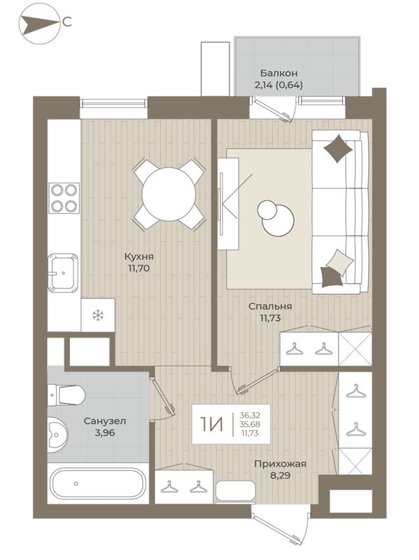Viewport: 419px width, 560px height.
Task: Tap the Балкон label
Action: [x=279, y=73]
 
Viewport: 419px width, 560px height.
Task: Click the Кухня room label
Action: [x=139, y=257]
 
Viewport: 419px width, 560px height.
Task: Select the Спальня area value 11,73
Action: [x=270, y=317]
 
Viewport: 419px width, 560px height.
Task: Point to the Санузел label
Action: [x=105, y=421]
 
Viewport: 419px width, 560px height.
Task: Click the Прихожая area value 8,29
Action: [x=280, y=475]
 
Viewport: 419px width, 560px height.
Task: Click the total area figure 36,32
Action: [x=250, y=416]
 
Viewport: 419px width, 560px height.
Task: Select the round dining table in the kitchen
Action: [x=169, y=195]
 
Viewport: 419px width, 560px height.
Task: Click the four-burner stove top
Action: [x=64, y=198]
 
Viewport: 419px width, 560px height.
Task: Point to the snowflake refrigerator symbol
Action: [x=98, y=315]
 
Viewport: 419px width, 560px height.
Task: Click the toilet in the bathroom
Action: [x=66, y=395]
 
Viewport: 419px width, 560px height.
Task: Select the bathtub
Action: [x=98, y=483]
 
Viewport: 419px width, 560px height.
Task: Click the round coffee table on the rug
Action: [x=277, y=218]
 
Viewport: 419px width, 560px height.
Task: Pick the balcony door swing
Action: [x=276, y=111]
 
